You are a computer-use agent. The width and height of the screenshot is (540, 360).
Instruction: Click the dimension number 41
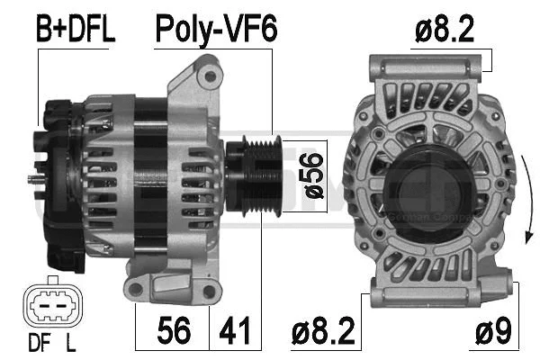(235, 331)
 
